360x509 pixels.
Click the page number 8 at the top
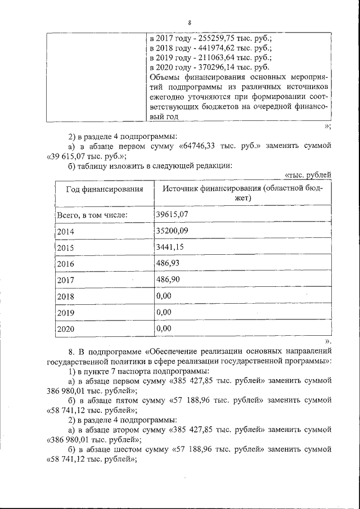(x=190, y=22)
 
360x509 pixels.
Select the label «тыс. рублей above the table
(x=308, y=175)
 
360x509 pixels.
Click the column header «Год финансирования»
(x=104, y=190)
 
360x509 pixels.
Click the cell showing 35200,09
(x=172, y=230)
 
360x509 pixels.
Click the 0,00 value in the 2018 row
(x=164, y=295)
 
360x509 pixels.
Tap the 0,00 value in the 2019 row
(x=164, y=312)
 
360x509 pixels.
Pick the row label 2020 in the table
(x=66, y=329)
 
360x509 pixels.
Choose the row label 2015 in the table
(x=66, y=247)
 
